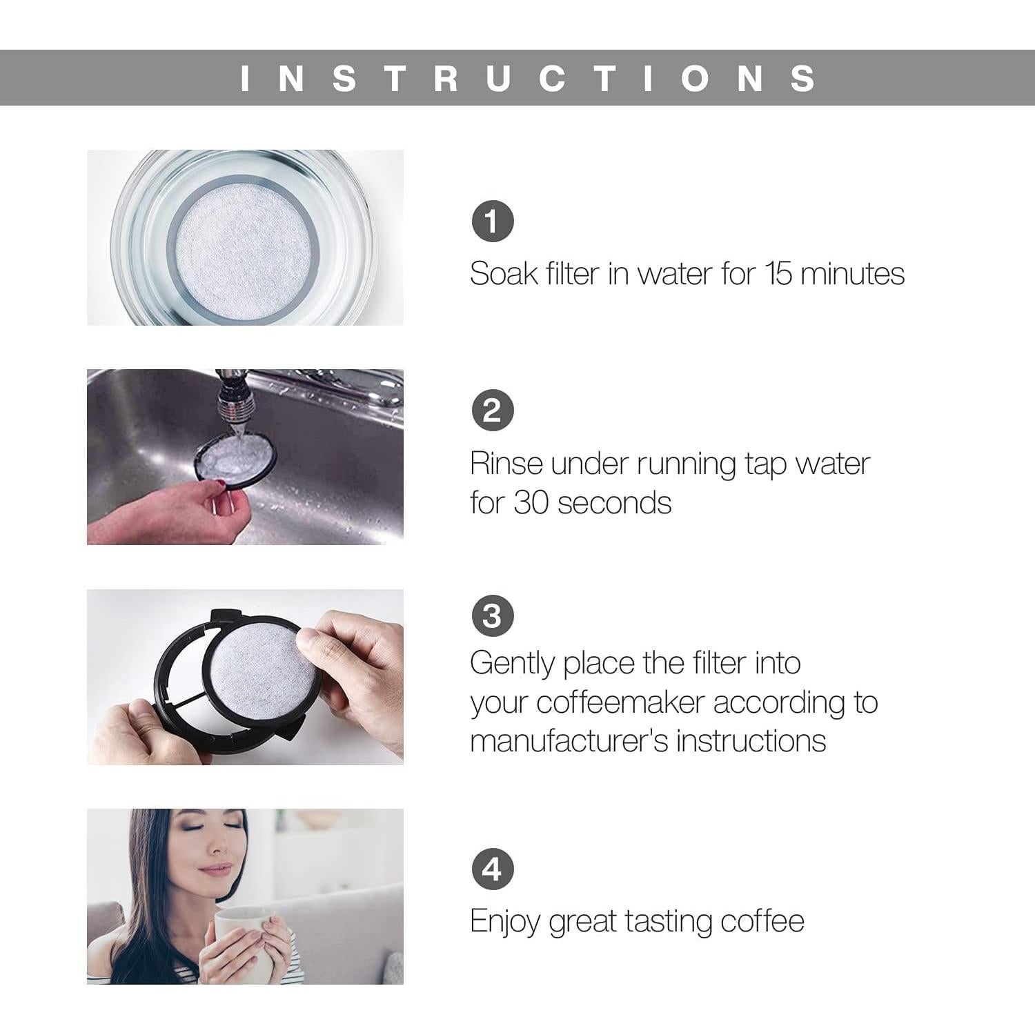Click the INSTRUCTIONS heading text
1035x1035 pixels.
click(529, 78)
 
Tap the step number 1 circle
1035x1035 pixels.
click(492, 221)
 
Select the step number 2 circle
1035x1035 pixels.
click(492, 411)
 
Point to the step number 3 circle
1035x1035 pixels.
click(492, 615)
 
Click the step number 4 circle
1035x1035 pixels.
click(492, 869)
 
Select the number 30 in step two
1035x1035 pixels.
click(531, 502)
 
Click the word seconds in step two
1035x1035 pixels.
click(614, 503)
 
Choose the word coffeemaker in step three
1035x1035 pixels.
click(620, 702)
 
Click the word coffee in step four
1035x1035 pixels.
click(762, 922)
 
